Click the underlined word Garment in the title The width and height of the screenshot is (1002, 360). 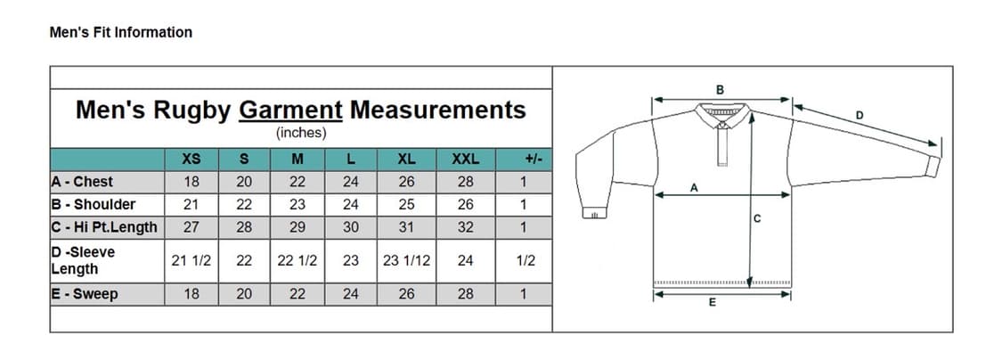point(290,110)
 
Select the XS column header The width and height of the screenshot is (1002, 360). point(191,160)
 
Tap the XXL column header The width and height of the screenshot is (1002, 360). point(465,160)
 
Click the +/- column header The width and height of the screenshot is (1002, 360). point(533,160)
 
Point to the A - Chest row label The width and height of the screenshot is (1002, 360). point(82,182)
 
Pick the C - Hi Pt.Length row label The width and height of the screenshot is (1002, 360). point(104,227)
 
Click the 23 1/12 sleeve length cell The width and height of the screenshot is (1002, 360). point(406,261)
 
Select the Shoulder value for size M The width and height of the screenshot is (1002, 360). point(297,205)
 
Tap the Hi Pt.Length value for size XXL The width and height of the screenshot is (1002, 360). point(465,227)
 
